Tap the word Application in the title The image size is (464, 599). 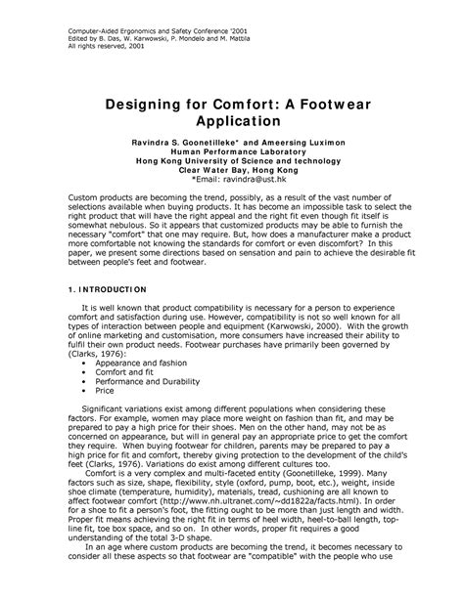(233, 123)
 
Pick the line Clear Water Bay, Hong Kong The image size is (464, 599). (233, 170)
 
